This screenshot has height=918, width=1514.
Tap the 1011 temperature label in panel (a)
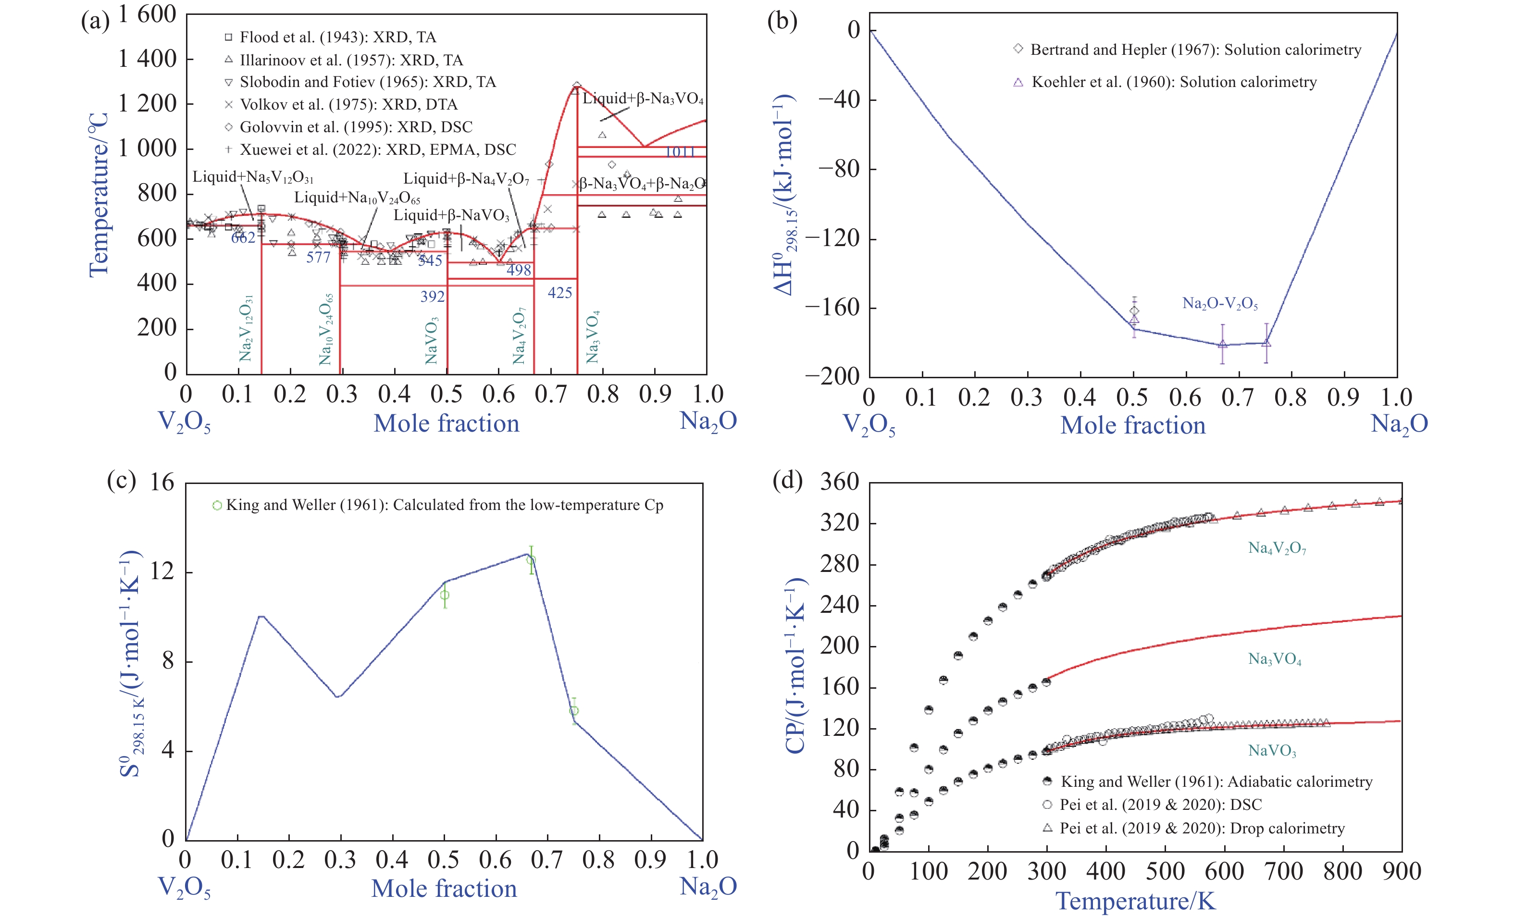click(680, 152)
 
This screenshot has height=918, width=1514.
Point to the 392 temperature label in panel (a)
click(432, 297)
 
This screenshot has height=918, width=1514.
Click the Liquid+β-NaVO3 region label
click(452, 216)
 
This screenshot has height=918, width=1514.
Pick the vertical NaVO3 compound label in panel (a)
click(431, 341)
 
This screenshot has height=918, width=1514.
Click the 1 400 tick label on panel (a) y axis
click(147, 60)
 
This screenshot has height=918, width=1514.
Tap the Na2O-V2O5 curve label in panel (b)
click(1220, 304)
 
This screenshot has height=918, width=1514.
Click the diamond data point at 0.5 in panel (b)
click(1134, 311)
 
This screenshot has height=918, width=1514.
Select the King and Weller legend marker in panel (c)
click(217, 506)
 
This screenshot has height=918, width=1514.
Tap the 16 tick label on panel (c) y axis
click(162, 483)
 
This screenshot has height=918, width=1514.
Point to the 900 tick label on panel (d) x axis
click(1402, 872)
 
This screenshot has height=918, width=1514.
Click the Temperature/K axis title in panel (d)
click(1135, 901)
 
